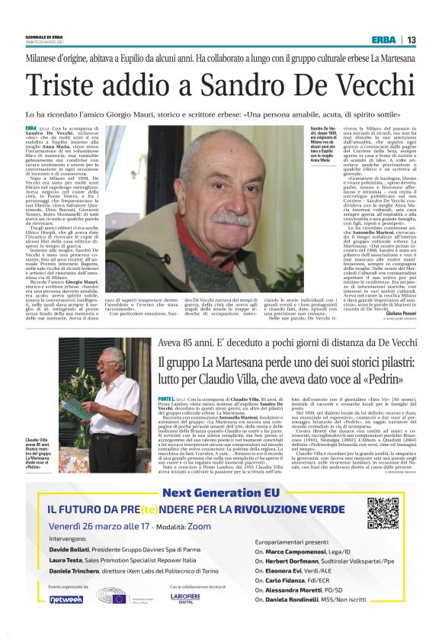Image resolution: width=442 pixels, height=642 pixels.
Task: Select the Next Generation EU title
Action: click(220, 493)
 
